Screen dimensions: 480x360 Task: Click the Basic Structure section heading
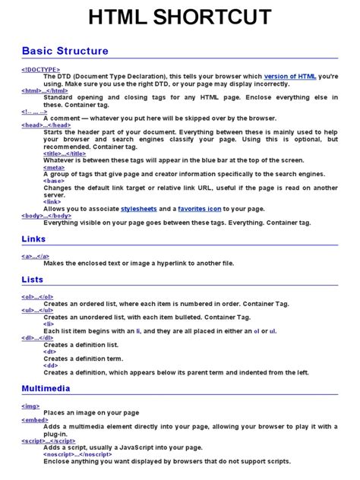click(x=65, y=52)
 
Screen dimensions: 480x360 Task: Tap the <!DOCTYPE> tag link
click(x=41, y=70)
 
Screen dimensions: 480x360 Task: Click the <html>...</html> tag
click(x=45, y=90)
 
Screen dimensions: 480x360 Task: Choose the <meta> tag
click(x=54, y=167)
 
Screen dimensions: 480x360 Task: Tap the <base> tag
click(x=53, y=181)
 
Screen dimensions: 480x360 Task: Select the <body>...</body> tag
click(x=46, y=215)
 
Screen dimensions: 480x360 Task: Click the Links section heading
click(x=34, y=239)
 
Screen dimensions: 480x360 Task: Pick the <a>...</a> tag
click(x=36, y=257)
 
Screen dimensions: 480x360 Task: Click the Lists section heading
click(x=33, y=280)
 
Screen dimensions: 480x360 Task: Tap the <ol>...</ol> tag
click(x=38, y=296)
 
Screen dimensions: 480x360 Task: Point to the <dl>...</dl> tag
click(x=38, y=338)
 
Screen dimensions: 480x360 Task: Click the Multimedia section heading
click(x=46, y=388)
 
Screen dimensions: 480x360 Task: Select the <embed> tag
click(x=35, y=419)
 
